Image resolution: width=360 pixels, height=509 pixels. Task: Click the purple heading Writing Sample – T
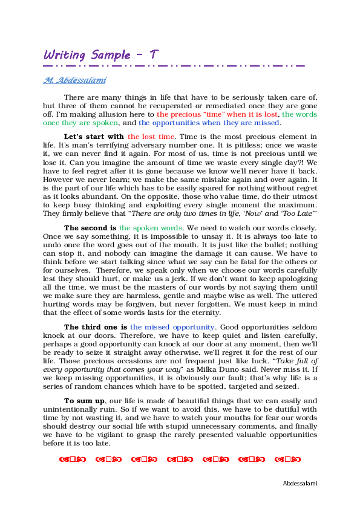[x=101, y=54]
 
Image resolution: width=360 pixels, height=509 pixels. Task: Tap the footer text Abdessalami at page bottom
[x=300, y=483]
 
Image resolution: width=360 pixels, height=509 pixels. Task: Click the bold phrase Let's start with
[x=94, y=137]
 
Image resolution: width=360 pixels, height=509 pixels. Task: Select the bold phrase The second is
[x=91, y=228]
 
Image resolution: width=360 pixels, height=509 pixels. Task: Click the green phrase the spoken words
[x=151, y=228]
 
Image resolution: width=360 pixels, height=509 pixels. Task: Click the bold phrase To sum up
[x=85, y=401]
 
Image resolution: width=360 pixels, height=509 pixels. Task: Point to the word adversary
[x=162, y=146]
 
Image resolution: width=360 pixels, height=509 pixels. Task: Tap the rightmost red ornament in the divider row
[x=287, y=459]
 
